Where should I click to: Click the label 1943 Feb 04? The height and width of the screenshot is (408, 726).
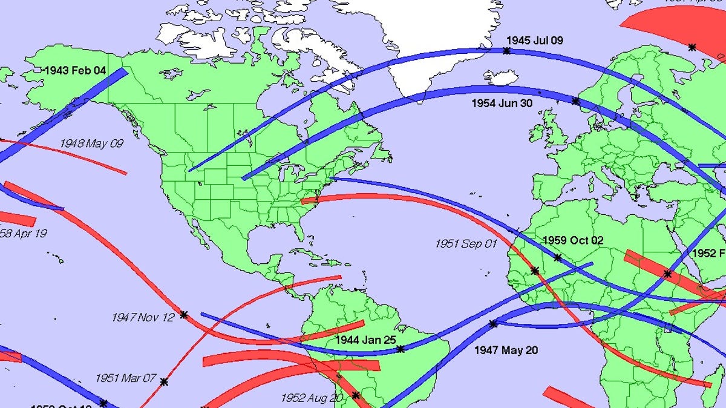click(x=75, y=71)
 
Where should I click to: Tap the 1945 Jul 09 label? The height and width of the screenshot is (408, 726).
click(x=535, y=41)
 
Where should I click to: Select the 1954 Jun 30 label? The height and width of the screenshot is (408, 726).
click(x=502, y=104)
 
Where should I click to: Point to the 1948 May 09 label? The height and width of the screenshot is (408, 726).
click(x=91, y=143)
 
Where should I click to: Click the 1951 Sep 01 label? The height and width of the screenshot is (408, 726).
click(x=466, y=243)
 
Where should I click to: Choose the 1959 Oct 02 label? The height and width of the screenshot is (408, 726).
click(x=573, y=240)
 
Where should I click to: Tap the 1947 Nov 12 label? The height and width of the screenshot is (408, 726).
click(x=143, y=317)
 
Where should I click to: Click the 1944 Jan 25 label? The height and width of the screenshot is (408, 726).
click(x=366, y=340)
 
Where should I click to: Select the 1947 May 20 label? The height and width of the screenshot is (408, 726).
click(x=506, y=350)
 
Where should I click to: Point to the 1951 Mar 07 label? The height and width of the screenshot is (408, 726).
click(x=126, y=378)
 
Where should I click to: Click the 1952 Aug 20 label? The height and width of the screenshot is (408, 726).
click(x=312, y=398)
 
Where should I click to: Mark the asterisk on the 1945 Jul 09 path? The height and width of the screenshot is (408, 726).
click(x=507, y=51)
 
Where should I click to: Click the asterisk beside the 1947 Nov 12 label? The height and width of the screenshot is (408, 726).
click(x=184, y=315)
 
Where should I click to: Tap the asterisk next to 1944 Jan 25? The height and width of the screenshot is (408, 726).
click(x=401, y=349)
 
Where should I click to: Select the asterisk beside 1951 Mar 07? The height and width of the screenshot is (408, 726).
click(x=164, y=381)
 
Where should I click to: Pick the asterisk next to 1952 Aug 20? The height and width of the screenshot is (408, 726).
click(x=356, y=395)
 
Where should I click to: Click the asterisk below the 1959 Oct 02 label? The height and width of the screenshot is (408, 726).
click(x=558, y=258)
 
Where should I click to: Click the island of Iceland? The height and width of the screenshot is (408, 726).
click(x=500, y=77)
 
